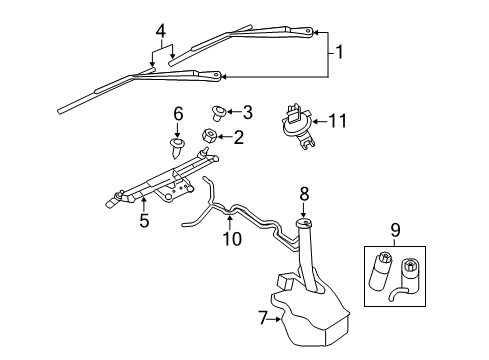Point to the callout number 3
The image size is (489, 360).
(248, 111)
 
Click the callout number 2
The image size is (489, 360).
(239, 137)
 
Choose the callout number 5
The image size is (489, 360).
(144, 221)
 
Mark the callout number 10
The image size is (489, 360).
(231, 239)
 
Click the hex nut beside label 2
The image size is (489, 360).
(211, 136)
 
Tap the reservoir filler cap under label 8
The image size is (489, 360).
(304, 224)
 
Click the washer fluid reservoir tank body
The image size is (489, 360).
(310, 310)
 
